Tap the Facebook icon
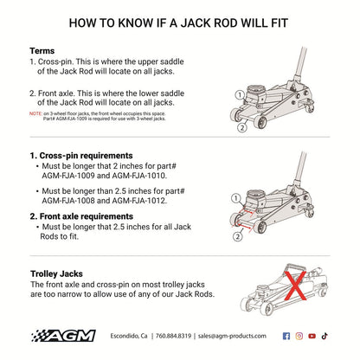coord(286,335)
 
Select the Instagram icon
coord(299,335)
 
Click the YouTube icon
coord(312,335)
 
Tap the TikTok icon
coord(325,335)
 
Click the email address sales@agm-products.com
coord(228,335)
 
